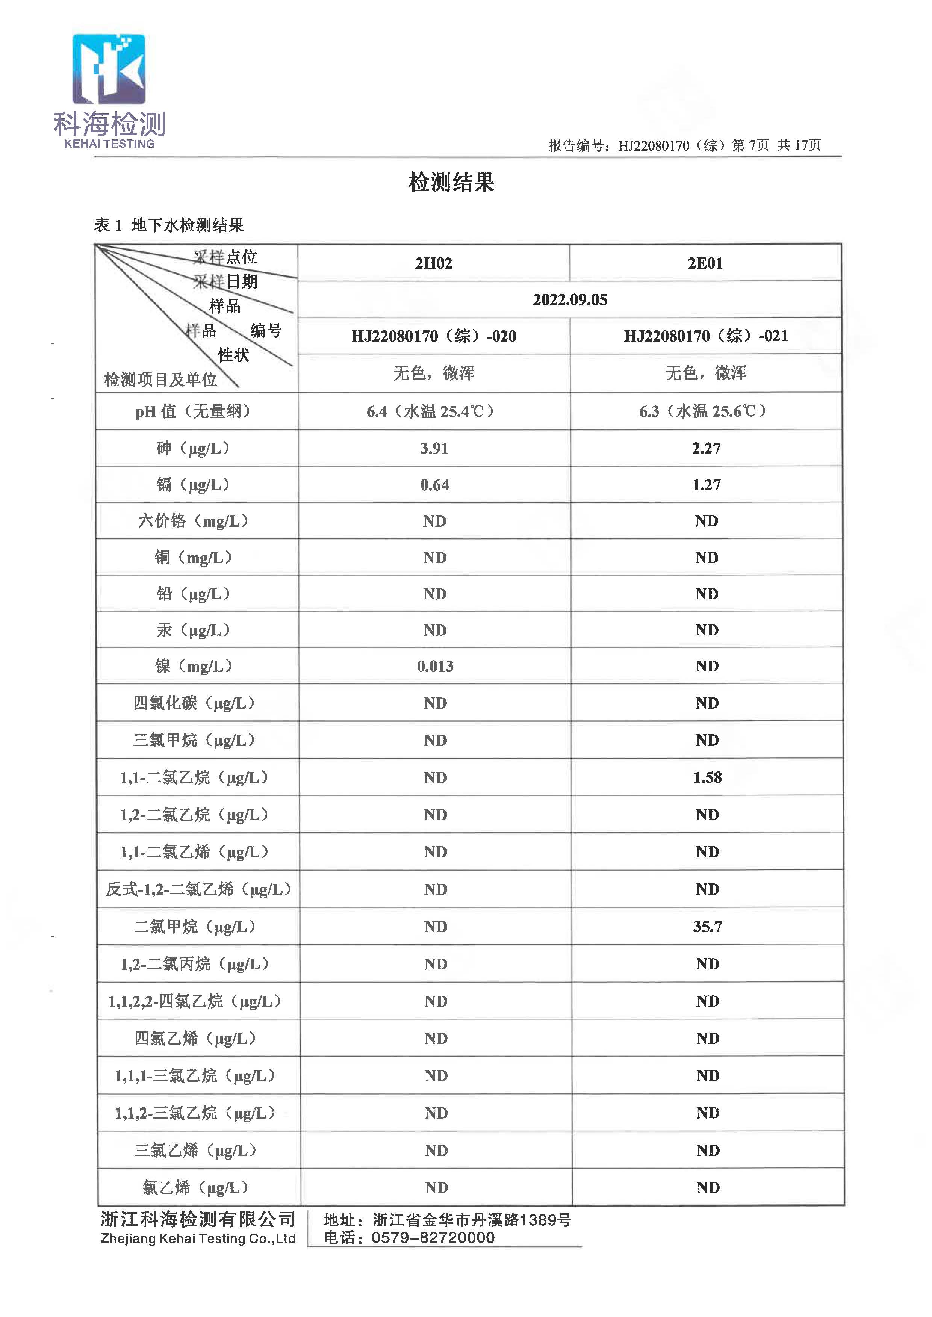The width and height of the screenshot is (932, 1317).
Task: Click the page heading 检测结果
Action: click(451, 183)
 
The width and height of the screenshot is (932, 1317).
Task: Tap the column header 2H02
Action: click(433, 263)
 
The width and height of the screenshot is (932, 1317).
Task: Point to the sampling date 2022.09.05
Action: click(569, 299)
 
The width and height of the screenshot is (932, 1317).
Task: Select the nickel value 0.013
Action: click(435, 666)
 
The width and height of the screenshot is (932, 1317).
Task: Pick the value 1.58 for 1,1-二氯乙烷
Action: click(707, 777)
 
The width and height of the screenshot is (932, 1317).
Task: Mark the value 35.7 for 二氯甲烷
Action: click(707, 927)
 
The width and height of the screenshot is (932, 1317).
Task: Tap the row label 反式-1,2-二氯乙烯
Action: click(198, 889)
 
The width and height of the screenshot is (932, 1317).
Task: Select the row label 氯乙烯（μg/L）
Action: click(195, 1188)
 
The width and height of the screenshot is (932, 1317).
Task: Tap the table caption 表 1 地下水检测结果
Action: click(169, 225)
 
